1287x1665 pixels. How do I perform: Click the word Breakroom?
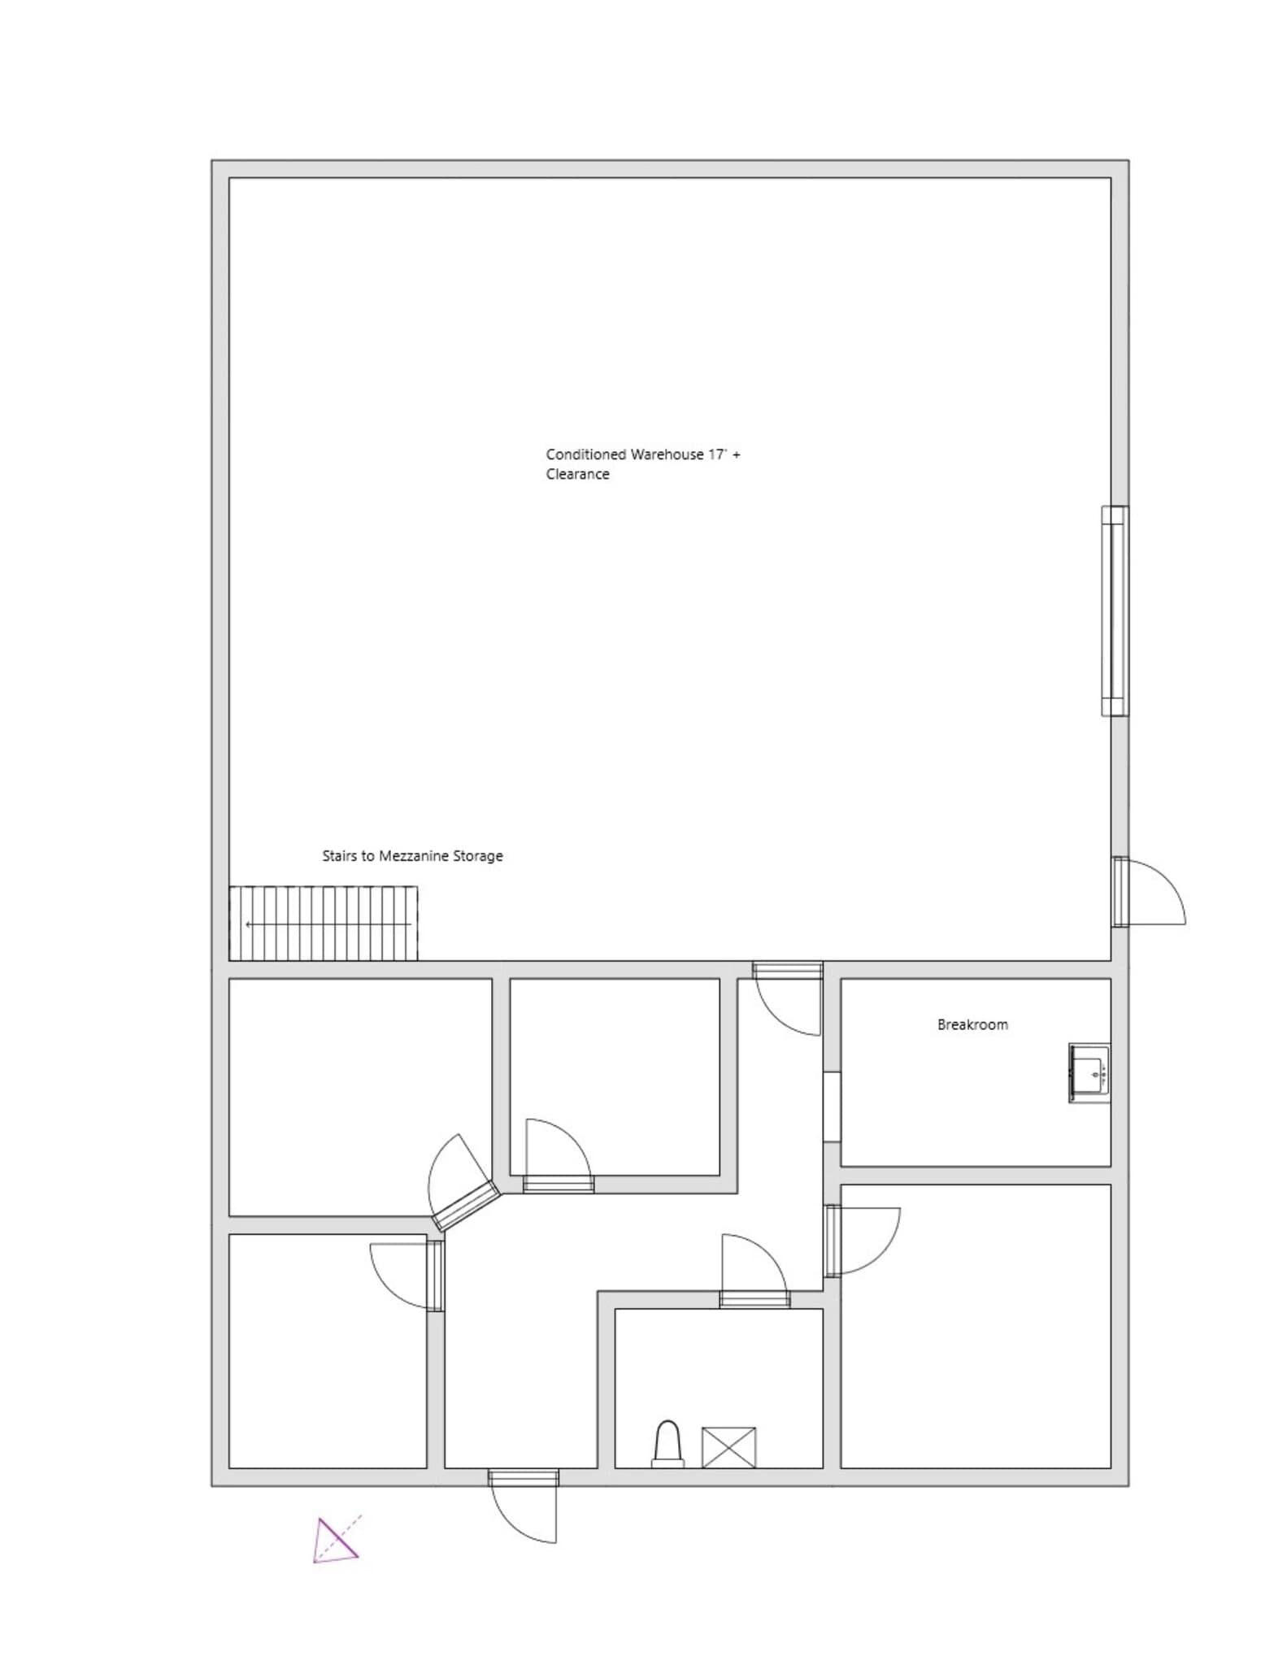[972, 1025]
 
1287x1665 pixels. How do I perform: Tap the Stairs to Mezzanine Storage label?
[412, 856]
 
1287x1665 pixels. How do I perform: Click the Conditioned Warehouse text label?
[642, 464]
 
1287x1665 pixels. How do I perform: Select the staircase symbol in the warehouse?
[324, 924]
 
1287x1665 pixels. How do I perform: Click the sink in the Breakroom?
[1089, 1073]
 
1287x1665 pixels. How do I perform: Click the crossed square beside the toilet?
[728, 1448]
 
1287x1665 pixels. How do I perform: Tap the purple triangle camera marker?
[334, 1541]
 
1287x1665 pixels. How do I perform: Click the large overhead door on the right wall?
[1115, 611]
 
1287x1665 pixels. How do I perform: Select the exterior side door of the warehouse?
[1122, 892]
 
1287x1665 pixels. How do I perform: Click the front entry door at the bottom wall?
[524, 1478]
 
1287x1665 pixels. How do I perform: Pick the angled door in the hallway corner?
[466, 1206]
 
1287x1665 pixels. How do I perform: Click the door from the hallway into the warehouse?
[787, 970]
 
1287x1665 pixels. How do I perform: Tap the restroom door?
[754, 1299]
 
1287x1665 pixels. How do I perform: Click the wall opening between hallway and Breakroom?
[832, 1107]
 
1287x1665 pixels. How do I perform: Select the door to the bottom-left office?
[436, 1276]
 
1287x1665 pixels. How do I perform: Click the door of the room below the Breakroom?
[833, 1241]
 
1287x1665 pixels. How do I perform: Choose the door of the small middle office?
[559, 1185]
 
